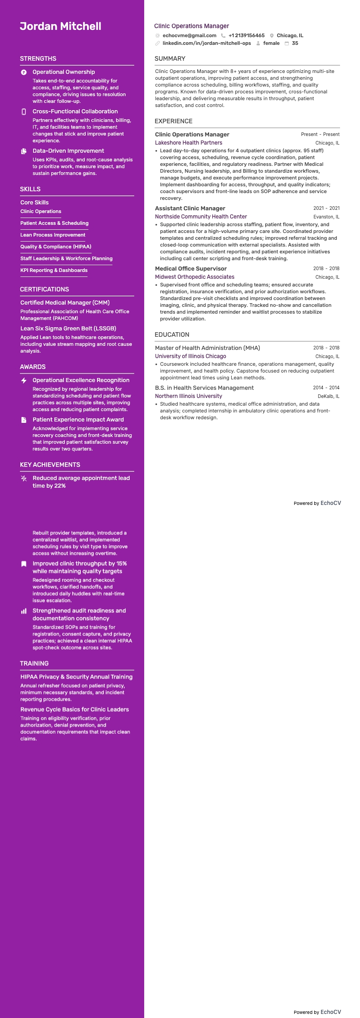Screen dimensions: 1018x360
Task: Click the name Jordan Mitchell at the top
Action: (60, 26)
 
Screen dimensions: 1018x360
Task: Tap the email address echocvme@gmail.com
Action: (189, 35)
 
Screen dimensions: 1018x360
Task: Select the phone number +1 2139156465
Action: (246, 35)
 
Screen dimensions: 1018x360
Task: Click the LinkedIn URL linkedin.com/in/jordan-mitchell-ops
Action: (206, 44)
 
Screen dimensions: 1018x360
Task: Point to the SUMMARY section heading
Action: (170, 59)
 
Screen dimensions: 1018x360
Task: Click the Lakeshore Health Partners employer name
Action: (188, 143)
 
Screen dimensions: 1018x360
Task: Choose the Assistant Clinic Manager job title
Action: (190, 208)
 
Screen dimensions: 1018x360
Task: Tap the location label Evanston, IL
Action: (326, 217)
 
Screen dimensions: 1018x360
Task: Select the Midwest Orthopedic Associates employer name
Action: (195, 277)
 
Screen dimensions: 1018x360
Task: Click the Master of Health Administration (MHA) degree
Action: (207, 348)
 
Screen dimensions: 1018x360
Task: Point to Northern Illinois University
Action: (188, 396)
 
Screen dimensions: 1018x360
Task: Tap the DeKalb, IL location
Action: (328, 397)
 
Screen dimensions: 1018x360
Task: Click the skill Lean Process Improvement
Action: (53, 235)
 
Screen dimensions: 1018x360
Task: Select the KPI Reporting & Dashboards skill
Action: (54, 271)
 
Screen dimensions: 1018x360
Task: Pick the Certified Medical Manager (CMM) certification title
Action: (65, 303)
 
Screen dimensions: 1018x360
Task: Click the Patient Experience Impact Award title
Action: (78, 420)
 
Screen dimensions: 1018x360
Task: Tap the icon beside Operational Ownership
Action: (24, 73)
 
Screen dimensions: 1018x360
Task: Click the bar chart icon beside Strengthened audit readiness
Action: (24, 611)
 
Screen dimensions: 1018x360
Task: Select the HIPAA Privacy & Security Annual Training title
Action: (76, 677)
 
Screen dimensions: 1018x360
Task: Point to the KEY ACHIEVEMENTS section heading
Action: (50, 465)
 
